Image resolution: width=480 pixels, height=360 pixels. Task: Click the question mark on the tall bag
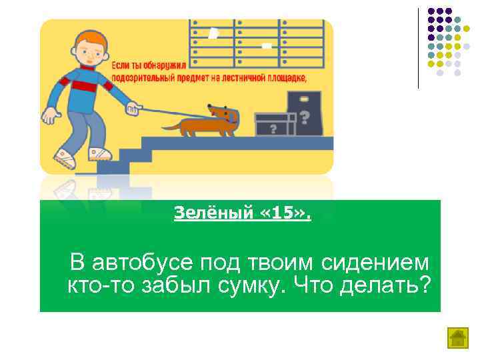click(x=304, y=118)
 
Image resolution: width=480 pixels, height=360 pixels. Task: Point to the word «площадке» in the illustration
click(x=283, y=77)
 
